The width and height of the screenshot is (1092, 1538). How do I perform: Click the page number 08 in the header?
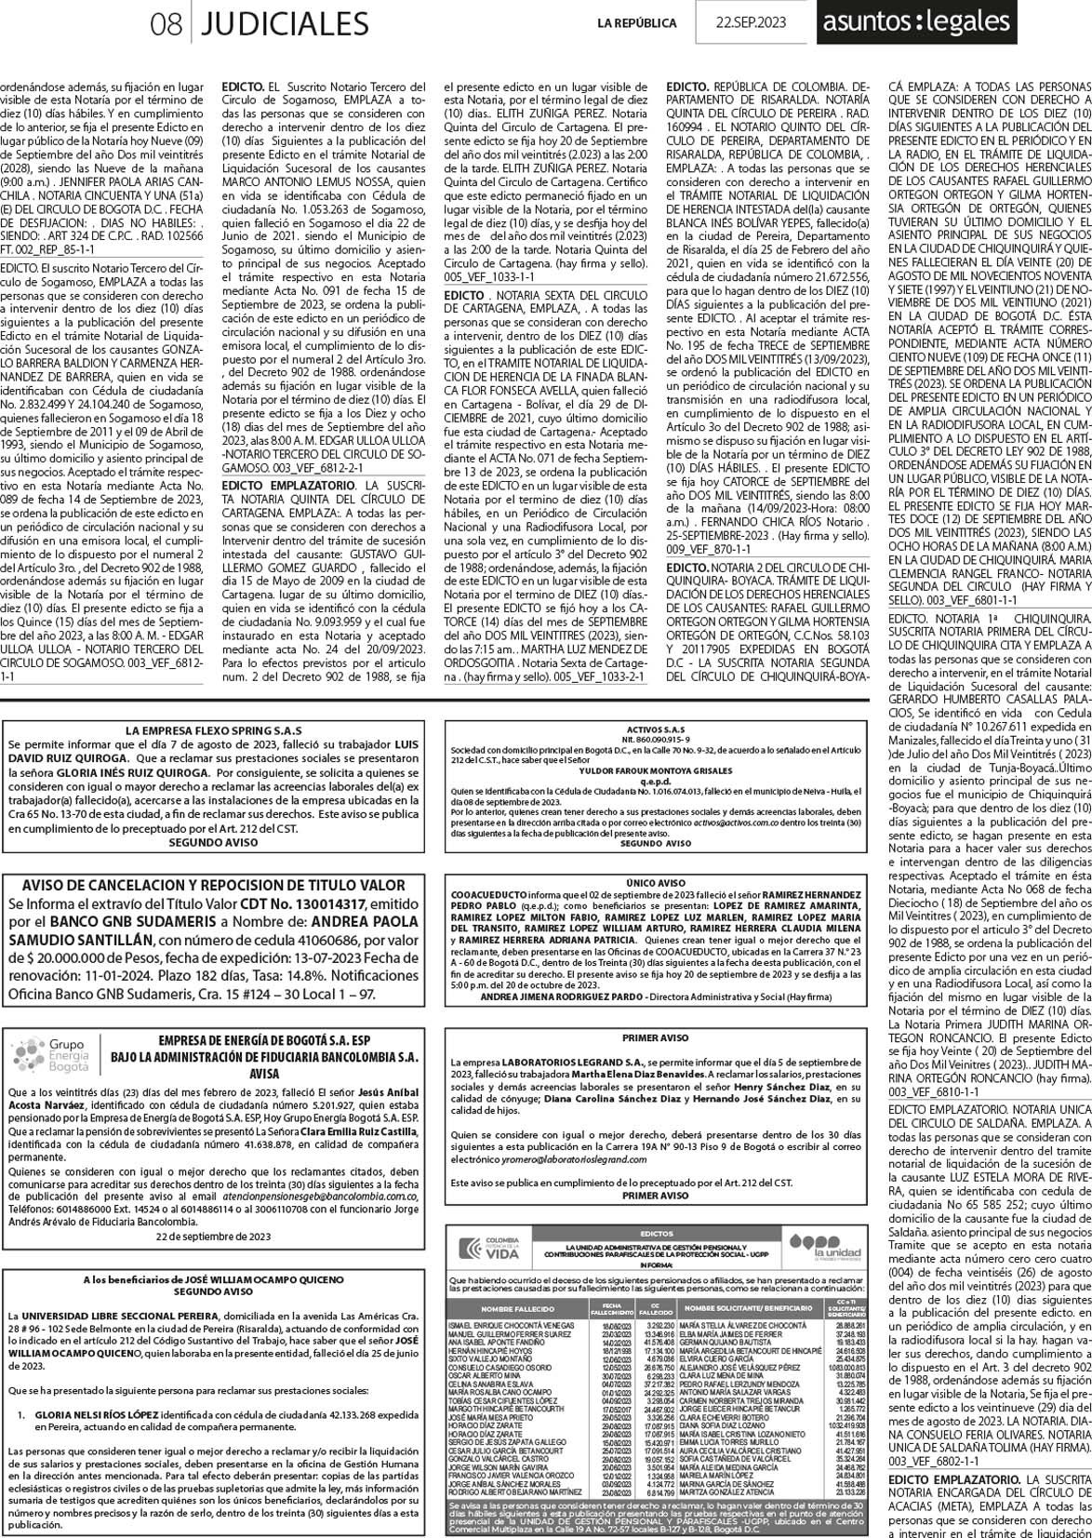(x=166, y=21)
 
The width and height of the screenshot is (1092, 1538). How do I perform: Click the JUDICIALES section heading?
(x=285, y=21)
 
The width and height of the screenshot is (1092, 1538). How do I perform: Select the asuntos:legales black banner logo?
(x=913, y=20)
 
